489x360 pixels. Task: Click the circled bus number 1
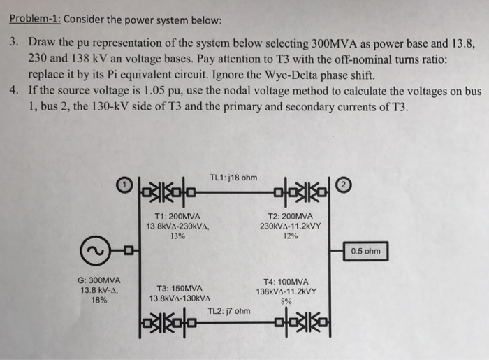124,185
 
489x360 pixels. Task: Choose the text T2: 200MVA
290,216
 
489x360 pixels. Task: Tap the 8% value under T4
287,303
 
